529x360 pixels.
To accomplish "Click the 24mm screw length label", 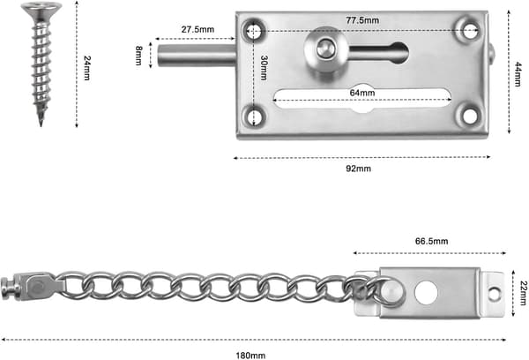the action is tap(86, 68).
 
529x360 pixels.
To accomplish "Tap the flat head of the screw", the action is tap(41, 9).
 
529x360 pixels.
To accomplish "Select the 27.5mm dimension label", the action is tap(197, 29).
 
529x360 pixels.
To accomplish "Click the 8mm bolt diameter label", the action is tap(139, 56).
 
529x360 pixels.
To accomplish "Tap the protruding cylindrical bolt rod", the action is tap(197, 55).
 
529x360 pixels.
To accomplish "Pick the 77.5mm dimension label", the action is tap(362, 20).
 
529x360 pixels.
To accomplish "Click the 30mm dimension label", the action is tap(264, 68).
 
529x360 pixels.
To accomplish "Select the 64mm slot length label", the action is tap(362, 93).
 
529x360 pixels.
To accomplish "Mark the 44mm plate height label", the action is tap(518, 74).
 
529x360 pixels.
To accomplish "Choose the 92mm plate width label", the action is tap(358, 169).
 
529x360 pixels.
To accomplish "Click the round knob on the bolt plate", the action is tap(324, 49).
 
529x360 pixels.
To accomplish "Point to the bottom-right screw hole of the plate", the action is tap(470, 116).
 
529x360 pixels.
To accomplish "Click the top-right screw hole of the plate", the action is tap(469, 32).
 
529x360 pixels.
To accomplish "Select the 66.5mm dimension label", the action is tap(431, 241).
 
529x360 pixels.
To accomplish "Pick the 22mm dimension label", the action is tap(523, 293).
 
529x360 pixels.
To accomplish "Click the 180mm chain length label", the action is tap(250, 356).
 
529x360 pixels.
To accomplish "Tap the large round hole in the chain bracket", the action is tap(426, 293).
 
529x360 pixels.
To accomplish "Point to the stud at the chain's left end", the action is tap(6, 288).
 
